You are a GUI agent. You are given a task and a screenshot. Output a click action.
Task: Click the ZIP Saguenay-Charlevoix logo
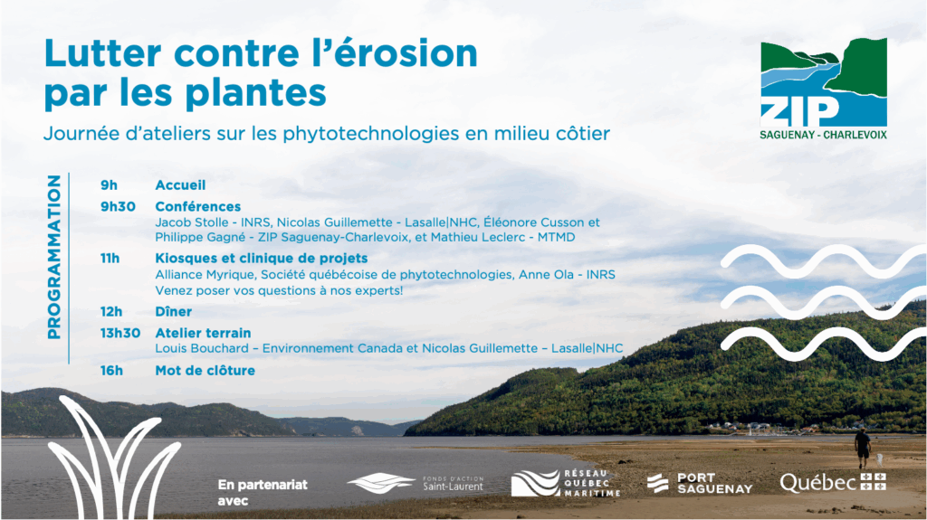click(x=824, y=90)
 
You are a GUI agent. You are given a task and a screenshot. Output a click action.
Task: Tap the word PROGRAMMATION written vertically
click(x=53, y=257)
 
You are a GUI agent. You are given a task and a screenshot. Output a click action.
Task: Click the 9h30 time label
click(x=118, y=206)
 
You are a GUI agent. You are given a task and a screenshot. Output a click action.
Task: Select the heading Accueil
click(x=180, y=185)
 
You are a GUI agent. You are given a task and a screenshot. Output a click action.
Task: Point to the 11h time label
click(x=110, y=259)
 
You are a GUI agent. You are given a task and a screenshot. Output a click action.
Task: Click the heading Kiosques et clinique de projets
click(x=262, y=259)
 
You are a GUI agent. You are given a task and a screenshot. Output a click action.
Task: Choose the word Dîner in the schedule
click(x=173, y=311)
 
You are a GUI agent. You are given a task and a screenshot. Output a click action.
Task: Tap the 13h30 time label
click(x=120, y=333)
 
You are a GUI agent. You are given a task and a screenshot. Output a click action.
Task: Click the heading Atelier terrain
click(x=203, y=333)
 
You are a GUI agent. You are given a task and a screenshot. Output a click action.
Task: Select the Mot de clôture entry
click(x=205, y=371)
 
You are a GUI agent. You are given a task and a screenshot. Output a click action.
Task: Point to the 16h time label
click(x=111, y=371)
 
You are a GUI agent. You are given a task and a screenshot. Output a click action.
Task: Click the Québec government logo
click(x=833, y=483)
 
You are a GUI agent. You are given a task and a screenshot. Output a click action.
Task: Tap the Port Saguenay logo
click(x=700, y=483)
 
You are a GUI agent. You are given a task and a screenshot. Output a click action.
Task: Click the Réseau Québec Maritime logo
click(x=566, y=483)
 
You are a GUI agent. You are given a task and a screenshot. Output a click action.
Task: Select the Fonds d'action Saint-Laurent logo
click(x=415, y=483)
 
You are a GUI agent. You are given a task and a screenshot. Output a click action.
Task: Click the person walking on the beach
click(x=863, y=449)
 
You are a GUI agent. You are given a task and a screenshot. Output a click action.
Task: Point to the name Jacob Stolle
click(x=192, y=222)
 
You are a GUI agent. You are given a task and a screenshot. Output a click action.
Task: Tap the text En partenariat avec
click(x=263, y=492)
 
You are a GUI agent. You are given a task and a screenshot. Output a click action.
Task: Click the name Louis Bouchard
click(x=202, y=349)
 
